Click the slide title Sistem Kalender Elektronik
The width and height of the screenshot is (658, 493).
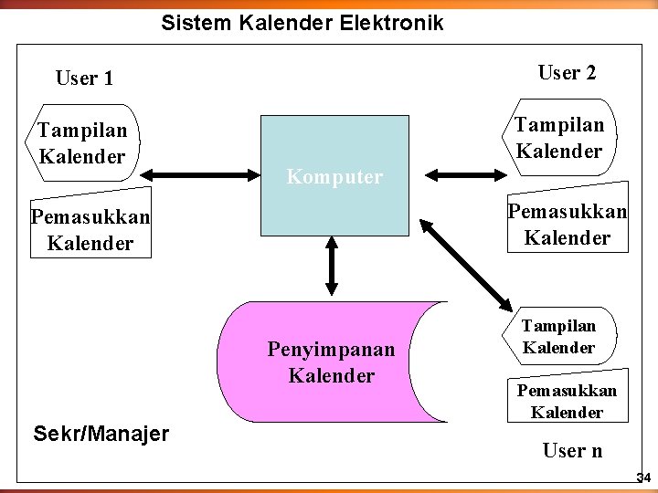[302, 23]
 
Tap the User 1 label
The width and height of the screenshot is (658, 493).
[84, 79]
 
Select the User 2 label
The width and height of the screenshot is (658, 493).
[567, 73]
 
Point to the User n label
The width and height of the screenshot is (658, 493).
[572, 450]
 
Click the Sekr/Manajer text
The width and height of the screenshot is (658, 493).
[100, 433]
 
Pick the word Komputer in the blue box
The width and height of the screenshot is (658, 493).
[334, 177]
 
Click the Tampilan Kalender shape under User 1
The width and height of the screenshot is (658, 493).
[82, 144]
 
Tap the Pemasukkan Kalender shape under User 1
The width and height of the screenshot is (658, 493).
[90, 230]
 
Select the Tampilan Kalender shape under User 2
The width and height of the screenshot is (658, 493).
[558, 138]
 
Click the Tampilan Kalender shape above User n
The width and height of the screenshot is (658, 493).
[558, 336]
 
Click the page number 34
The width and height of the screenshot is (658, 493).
[642, 478]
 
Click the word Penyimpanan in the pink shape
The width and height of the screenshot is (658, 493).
[331, 350]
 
